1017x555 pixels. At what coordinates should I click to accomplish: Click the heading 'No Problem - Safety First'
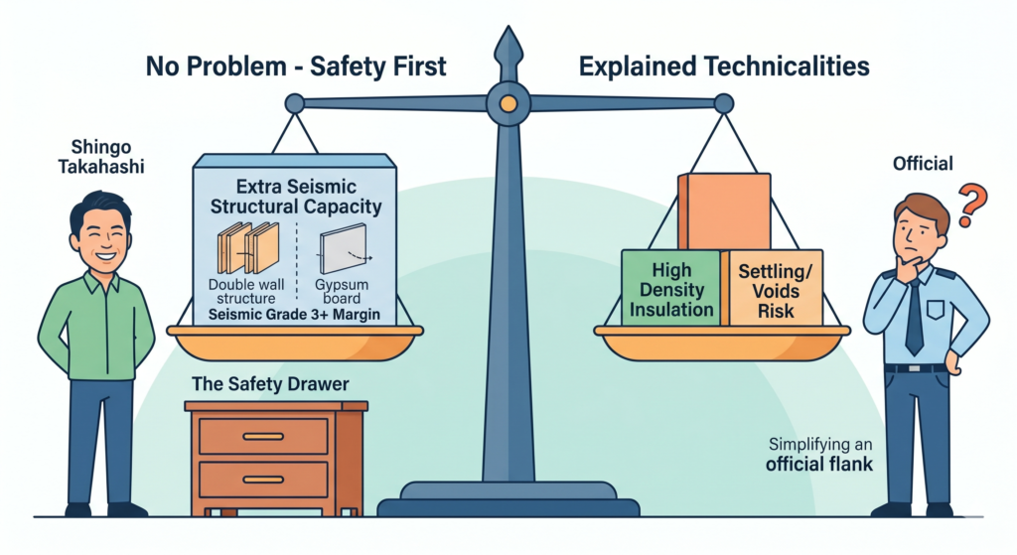tap(296, 68)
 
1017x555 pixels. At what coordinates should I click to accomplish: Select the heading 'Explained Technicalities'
tap(724, 68)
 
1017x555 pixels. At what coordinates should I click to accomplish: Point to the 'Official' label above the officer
tap(923, 163)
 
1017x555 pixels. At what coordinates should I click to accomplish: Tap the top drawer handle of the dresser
tap(262, 436)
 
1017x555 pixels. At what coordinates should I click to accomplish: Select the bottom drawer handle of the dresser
tap(262, 480)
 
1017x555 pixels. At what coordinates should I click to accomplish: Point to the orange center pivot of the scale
tap(508, 101)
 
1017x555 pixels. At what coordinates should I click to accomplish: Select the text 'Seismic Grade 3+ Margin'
tap(294, 315)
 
